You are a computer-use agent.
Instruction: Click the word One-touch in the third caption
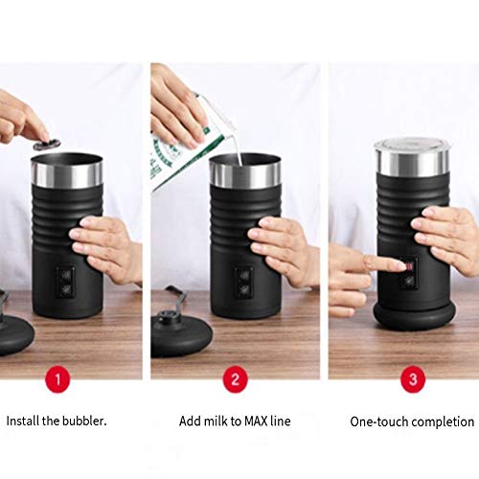tap(377, 421)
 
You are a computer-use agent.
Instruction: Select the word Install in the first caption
tap(25, 421)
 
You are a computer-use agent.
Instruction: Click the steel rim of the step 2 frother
tap(246, 173)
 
